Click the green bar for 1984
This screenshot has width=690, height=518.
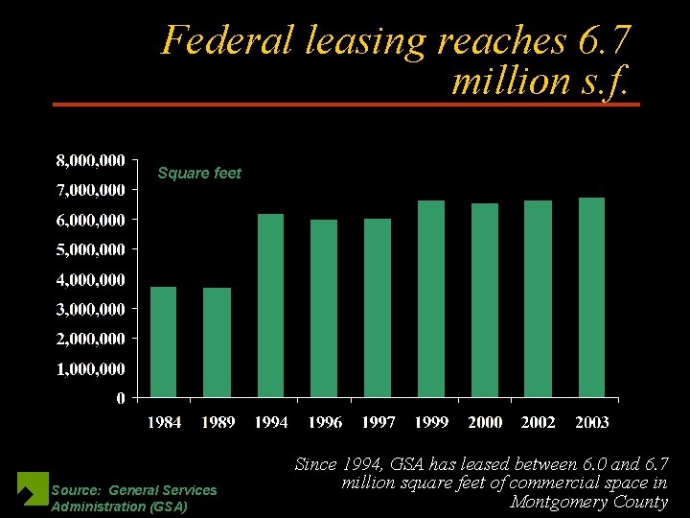(164, 341)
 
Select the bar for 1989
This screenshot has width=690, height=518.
(217, 342)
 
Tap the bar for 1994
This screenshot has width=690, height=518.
(271, 305)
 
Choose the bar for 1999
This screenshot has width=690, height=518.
(431, 298)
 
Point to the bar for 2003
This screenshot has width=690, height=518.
(591, 297)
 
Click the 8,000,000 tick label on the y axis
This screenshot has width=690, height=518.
(88, 159)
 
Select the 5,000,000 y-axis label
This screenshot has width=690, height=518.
(88, 249)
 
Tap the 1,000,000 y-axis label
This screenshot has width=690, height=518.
(88, 368)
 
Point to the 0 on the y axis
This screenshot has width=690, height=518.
(120, 398)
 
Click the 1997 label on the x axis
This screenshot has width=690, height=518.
(378, 423)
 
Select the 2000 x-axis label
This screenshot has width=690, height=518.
(485, 423)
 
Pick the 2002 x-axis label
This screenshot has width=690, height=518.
(538, 423)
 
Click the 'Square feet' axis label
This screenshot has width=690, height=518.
(199, 174)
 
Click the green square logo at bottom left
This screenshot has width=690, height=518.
(33, 488)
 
